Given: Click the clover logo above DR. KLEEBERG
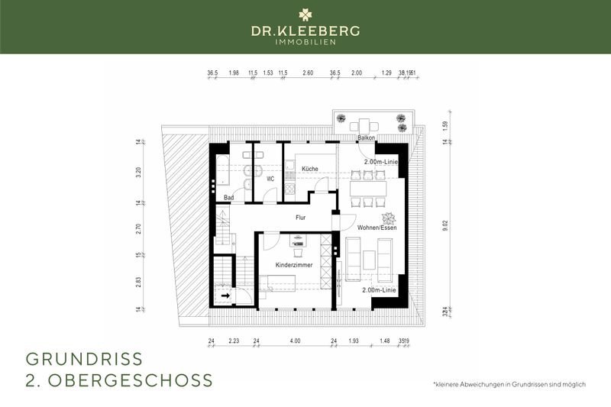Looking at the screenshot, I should coord(305,14).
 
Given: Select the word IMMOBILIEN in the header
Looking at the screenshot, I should coord(305,42).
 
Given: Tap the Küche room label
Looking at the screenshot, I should coord(309,168).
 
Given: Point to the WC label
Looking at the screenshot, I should coord(270,179).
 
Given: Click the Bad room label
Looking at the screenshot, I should coord(228,198).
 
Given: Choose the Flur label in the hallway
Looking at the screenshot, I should coord(301,217).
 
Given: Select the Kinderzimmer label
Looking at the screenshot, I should coord(294,265).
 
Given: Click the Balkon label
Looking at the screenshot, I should coord(367,138).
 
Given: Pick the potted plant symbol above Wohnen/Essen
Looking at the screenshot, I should coord(387,217).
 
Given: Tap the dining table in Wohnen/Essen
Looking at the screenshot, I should coord(368,187).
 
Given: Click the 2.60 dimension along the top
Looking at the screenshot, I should coord(308,73).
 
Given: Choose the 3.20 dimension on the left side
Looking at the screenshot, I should coord(140,172).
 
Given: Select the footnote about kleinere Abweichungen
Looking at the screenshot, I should coord(509,384).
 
